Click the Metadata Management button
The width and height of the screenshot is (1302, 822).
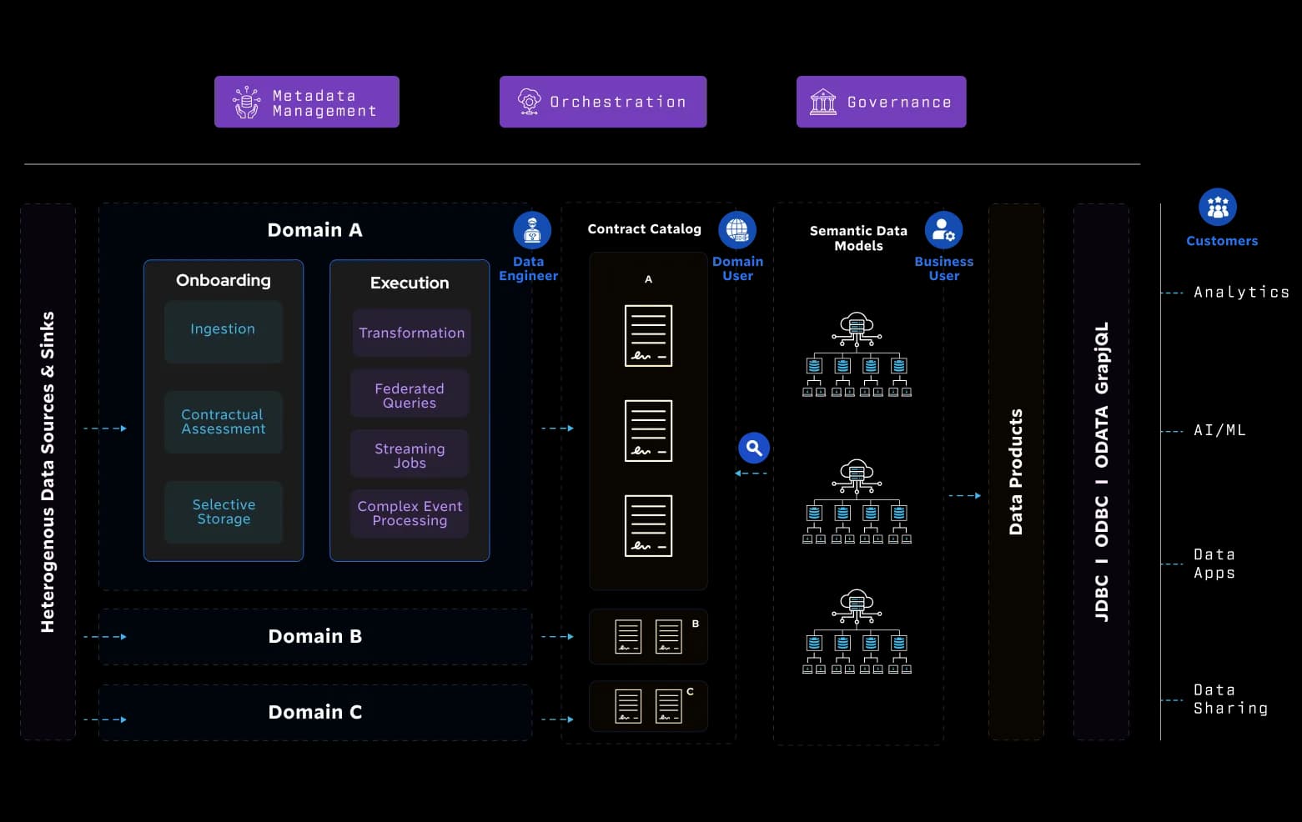306,102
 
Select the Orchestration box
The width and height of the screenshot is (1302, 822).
603,102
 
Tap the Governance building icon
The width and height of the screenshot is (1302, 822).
823,103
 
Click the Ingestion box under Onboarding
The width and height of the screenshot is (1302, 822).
224,331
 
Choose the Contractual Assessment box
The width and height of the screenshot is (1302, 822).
224,422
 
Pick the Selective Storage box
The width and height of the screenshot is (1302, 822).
224,512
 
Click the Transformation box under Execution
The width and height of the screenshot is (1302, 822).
411,333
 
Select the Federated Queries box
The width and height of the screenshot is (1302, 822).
410,395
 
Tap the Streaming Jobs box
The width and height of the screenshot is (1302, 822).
410,455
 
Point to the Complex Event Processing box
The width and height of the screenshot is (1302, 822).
410,514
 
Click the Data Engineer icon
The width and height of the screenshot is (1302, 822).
532,230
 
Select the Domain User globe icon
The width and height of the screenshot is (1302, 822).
737,230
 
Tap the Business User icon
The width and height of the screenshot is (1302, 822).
943,230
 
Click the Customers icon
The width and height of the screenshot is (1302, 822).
1217,207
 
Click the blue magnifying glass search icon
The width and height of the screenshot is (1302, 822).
754,448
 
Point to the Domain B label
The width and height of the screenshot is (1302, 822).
315,636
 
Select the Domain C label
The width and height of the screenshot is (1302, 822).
315,712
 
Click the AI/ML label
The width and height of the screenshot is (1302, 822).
1219,430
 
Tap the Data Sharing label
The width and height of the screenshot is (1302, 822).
1230,699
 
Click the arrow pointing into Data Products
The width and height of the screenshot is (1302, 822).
965,495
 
